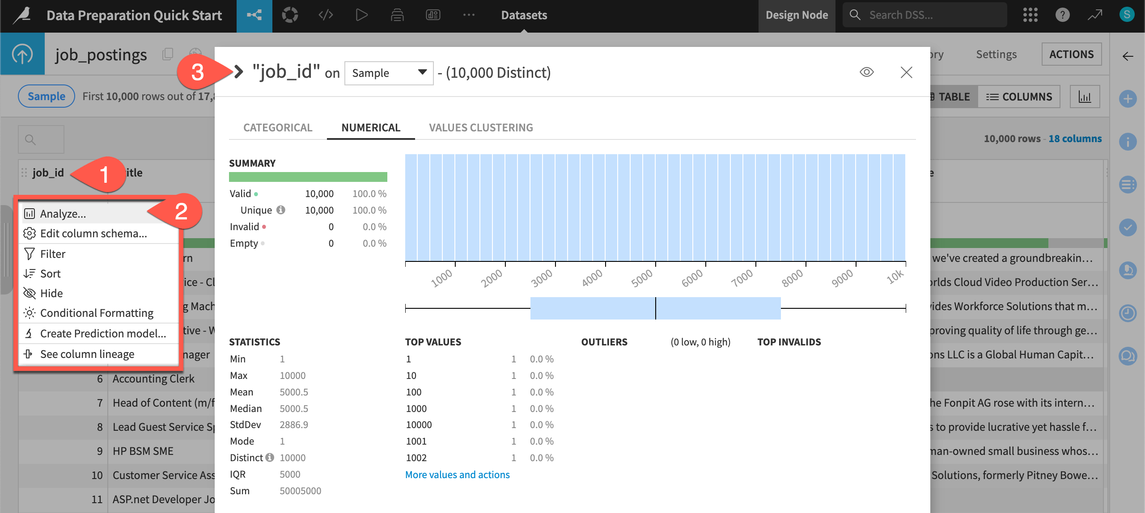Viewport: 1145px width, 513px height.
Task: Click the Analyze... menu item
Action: coord(63,214)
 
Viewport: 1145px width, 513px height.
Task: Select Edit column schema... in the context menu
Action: coord(93,233)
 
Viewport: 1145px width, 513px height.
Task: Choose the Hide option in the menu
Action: coord(51,293)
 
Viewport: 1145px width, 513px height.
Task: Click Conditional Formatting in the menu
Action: coord(97,313)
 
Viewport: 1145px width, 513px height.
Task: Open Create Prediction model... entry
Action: coord(103,333)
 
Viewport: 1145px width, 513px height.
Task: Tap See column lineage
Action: coord(87,354)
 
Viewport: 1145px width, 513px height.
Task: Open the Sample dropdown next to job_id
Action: coord(389,73)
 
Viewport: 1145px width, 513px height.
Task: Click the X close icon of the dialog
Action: coord(906,72)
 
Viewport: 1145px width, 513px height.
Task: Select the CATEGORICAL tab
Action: coord(278,128)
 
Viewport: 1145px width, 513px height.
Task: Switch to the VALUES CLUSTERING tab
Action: coord(481,128)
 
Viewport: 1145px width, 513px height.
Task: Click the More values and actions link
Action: coord(457,475)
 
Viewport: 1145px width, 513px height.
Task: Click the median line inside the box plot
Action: coord(656,308)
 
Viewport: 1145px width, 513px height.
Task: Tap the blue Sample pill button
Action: coord(47,96)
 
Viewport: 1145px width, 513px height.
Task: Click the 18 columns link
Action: coord(1075,139)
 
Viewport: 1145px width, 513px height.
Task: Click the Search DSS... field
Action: coord(930,15)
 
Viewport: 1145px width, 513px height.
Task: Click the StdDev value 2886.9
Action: coord(294,425)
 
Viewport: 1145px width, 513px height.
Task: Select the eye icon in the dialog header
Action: coord(866,72)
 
